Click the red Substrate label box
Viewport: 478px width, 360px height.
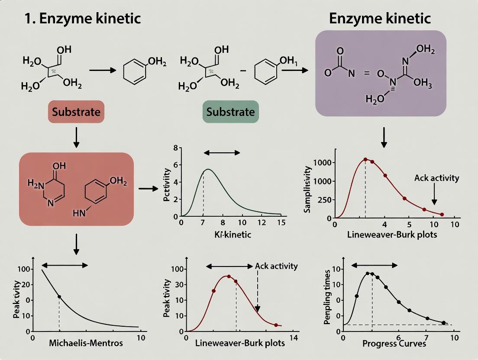pyautogui.click(x=76, y=112)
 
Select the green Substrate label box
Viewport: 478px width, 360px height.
pyautogui.click(x=230, y=112)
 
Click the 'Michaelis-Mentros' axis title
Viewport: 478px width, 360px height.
pyautogui.click(x=86, y=343)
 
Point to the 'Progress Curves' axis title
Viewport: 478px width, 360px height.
pyautogui.click(x=394, y=344)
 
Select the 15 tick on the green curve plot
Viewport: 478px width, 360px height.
pyautogui.click(x=281, y=223)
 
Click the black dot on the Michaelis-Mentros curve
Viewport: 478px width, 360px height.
pyautogui.click(x=59, y=297)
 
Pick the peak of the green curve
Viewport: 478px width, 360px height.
pyautogui.click(x=208, y=169)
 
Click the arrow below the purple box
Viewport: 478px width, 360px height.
pyautogui.click(x=384, y=138)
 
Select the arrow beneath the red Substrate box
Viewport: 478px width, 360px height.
pyautogui.click(x=76, y=138)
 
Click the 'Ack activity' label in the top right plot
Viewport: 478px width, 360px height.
pyautogui.click(x=436, y=178)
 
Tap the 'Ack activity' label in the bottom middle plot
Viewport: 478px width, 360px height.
pyautogui.click(x=276, y=266)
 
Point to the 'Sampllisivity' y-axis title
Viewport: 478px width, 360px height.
pyautogui.click(x=308, y=190)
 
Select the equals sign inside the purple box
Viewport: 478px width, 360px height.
pyautogui.click(x=367, y=74)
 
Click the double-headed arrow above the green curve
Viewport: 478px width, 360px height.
pyautogui.click(x=222, y=152)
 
